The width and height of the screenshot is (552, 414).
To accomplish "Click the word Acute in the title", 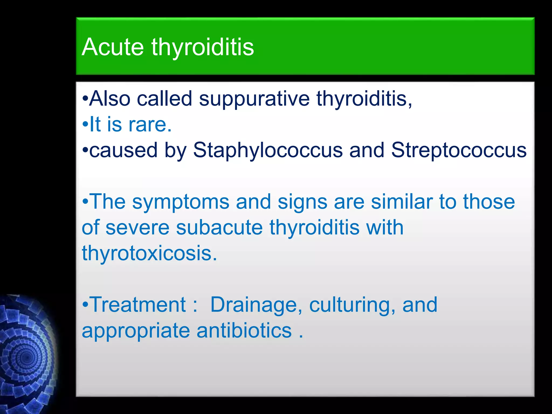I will point(112,47).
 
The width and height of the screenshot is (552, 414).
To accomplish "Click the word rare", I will point(150,125).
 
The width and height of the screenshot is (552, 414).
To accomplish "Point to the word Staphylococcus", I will point(268,150).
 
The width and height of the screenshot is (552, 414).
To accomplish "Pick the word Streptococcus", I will point(459,150).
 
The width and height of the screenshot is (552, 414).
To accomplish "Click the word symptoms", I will point(180,202).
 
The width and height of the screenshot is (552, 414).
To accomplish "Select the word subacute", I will point(219,227).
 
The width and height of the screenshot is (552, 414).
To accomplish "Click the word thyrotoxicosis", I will point(149,253).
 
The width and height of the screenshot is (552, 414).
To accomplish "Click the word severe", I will point(137,227).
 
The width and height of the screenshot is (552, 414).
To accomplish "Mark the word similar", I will point(402,202).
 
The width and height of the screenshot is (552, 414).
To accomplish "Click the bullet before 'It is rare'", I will point(85,125).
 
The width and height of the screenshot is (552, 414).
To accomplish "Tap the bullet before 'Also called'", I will point(85,99).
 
